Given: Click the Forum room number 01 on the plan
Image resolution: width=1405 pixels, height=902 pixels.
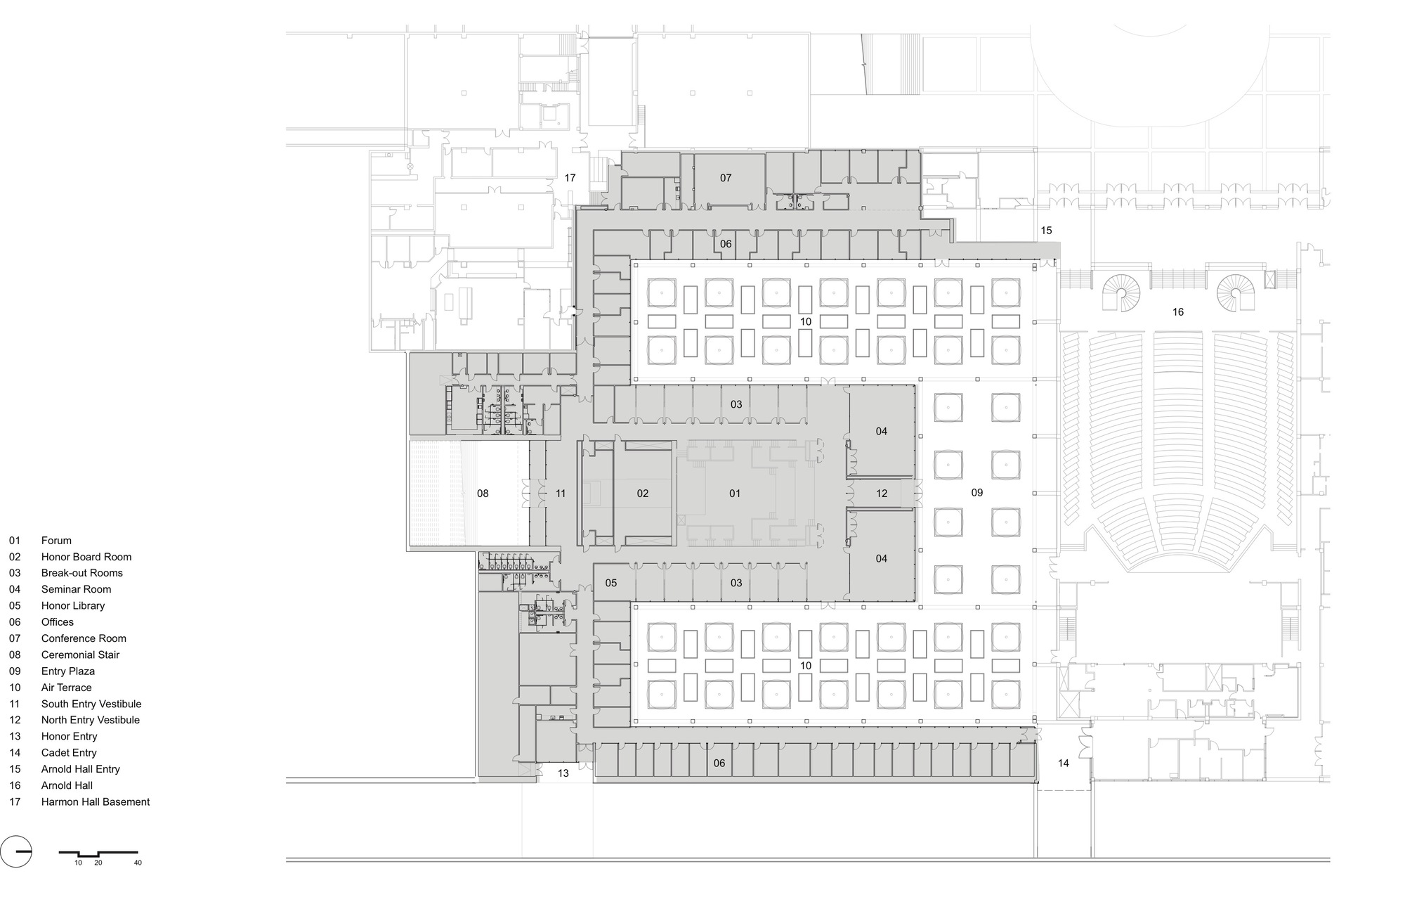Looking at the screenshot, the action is pos(735,494).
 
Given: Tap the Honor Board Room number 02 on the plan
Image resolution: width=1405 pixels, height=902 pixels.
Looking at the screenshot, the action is pos(643,494).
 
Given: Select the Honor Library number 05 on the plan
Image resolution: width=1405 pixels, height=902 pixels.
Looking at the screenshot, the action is pos(611,583).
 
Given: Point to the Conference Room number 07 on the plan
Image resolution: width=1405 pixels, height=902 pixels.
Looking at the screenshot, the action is pos(726,178).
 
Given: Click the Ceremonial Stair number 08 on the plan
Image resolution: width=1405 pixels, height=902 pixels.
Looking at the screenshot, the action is pos(483,494).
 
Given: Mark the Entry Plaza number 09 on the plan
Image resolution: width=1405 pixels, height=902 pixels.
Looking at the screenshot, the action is pos(977,493).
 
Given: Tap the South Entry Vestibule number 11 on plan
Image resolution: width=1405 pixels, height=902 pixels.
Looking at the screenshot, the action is pos(561,494).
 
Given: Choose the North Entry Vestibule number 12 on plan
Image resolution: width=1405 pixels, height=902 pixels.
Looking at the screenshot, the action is pos(882,494).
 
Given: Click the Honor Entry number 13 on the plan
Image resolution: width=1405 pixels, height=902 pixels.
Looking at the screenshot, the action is pos(563,773).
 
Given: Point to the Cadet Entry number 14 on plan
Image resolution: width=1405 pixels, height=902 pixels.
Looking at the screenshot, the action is pos(1064,763).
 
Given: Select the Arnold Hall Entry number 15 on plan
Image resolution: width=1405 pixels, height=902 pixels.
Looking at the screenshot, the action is pos(1047,231).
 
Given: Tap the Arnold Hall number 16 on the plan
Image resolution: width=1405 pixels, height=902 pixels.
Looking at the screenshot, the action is pos(1178,312).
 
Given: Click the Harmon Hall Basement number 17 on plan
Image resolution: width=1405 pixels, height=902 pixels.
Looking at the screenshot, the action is pos(570,178).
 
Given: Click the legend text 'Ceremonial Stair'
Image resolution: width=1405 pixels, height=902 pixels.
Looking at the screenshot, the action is pos(80,655).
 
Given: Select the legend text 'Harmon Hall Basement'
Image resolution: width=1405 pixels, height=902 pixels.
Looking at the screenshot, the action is pos(96,801).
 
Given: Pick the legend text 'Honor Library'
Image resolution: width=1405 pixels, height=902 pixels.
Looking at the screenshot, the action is pos(73,605).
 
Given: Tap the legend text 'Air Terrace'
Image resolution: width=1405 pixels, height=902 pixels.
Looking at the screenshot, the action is pos(66,688).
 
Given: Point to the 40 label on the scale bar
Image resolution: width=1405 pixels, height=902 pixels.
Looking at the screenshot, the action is pos(138,863).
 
